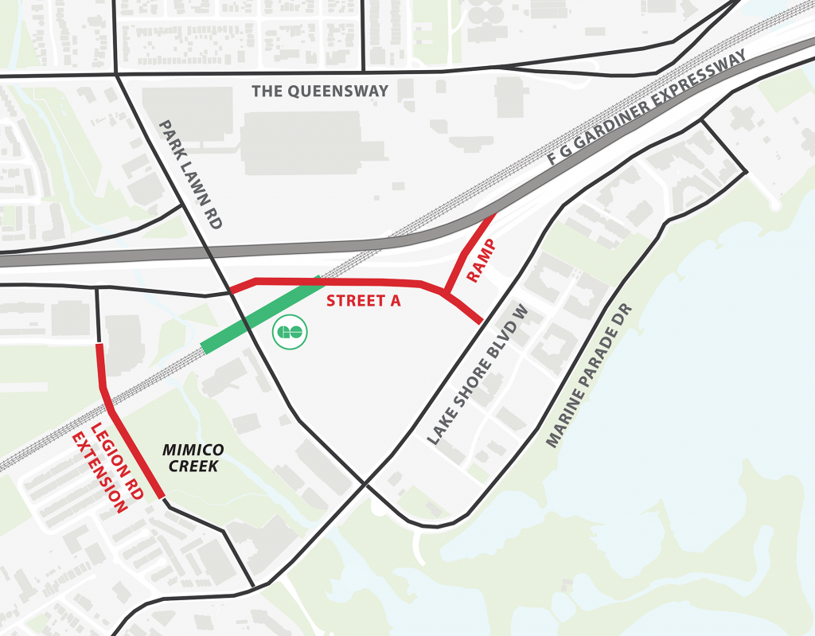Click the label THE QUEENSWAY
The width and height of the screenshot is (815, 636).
click(x=320, y=91)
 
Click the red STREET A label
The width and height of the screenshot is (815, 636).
click(x=363, y=301)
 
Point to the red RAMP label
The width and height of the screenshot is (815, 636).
click(x=482, y=260)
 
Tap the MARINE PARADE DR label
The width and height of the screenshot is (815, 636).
click(x=588, y=375)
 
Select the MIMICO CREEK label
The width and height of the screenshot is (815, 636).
click(x=193, y=458)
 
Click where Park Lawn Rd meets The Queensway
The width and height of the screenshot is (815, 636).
click(x=117, y=75)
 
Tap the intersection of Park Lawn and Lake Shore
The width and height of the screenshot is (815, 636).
click(x=365, y=482)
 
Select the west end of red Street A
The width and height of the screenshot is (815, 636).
click(x=232, y=290)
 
